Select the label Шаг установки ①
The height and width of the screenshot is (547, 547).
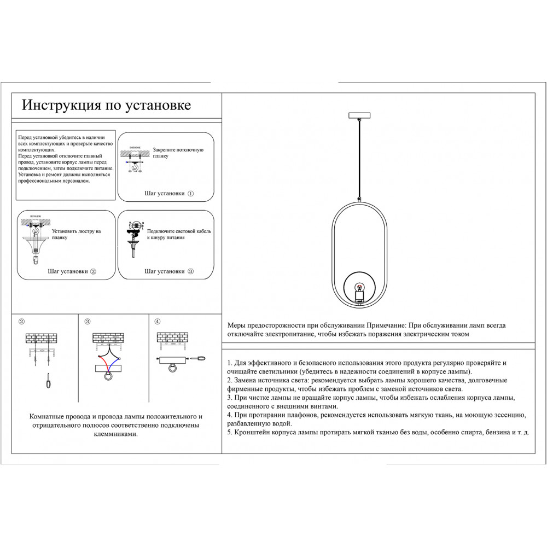point(169,194)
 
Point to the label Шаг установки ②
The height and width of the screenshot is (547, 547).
point(72,271)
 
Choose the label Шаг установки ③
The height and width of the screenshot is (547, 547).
point(168,271)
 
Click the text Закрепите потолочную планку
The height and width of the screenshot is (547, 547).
point(178,153)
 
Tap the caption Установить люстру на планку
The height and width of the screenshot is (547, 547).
point(76,235)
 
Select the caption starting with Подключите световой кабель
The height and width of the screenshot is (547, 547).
point(179,234)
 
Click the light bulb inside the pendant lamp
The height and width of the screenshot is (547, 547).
point(359,288)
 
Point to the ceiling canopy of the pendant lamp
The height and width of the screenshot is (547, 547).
point(359,115)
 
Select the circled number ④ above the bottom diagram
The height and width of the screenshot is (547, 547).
point(158,322)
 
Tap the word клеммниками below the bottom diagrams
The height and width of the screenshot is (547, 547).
point(116,434)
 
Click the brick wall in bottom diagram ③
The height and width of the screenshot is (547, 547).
point(108,338)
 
